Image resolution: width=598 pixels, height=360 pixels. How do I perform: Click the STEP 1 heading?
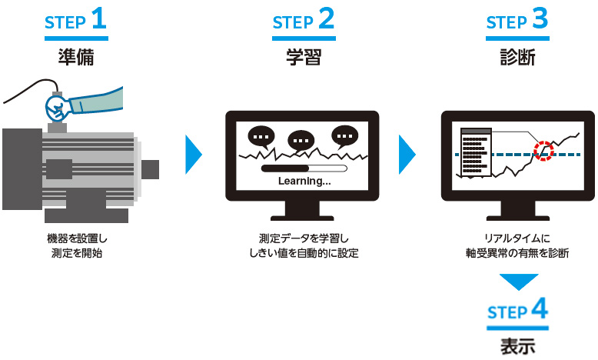point(76,21)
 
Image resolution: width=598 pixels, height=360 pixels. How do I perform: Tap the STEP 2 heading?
point(304,21)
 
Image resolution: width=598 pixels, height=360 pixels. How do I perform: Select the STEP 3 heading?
point(517,21)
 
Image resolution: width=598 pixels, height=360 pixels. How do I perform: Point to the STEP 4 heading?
point(517,312)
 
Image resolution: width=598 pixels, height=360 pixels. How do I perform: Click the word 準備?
point(76,57)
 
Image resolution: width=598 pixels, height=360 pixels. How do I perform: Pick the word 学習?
point(304,57)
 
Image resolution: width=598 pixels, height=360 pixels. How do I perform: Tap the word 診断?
point(517,57)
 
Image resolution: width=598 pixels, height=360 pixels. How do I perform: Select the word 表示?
point(517,345)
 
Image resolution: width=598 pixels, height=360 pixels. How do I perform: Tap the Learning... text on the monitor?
point(304,182)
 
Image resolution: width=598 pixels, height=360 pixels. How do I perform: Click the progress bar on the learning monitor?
point(304,167)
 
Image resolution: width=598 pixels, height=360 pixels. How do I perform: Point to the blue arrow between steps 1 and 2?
point(193,156)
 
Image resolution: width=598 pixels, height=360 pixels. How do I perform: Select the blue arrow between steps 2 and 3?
point(407,156)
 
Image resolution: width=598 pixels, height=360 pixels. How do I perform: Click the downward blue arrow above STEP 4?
point(517,282)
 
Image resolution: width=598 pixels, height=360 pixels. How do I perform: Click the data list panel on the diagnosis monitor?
point(474,151)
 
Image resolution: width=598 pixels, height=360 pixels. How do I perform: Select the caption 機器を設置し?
point(76,239)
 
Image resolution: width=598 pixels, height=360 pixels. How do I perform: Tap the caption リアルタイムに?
point(517,239)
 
